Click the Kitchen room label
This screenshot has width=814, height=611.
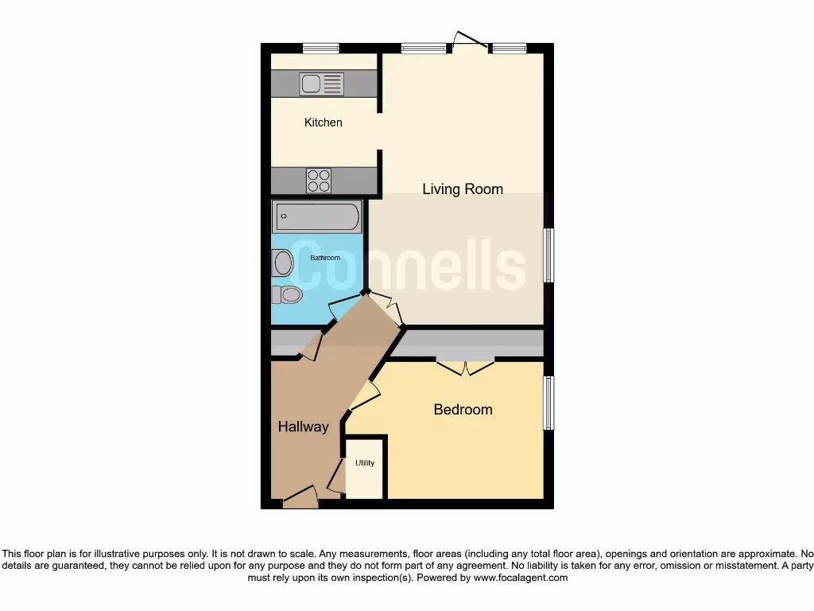[x=324, y=123]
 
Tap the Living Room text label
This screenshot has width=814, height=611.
[x=462, y=189]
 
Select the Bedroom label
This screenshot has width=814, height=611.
[x=463, y=410]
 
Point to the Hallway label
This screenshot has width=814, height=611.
[x=303, y=427]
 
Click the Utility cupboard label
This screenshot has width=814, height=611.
[x=365, y=463]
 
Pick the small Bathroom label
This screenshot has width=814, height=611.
[x=325, y=258]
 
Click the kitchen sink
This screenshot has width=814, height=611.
[x=322, y=84]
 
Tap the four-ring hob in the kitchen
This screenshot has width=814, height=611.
[x=319, y=181]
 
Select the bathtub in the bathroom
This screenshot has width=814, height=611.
[x=317, y=216]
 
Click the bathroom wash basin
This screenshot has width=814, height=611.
[x=283, y=262]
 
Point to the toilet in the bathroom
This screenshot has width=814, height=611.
[x=287, y=295]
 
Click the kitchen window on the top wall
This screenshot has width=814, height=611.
[x=321, y=49]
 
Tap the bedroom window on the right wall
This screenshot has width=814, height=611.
[x=548, y=403]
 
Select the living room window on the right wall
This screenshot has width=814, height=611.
[x=548, y=255]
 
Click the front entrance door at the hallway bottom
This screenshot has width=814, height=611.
[x=300, y=499]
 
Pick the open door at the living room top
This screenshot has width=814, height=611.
[x=469, y=40]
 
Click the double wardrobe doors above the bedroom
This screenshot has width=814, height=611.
[x=465, y=367]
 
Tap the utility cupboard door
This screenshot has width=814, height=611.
[x=336, y=477]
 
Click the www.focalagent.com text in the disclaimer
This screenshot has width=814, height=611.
[x=521, y=578]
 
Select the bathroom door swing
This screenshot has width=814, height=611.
[x=343, y=306]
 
